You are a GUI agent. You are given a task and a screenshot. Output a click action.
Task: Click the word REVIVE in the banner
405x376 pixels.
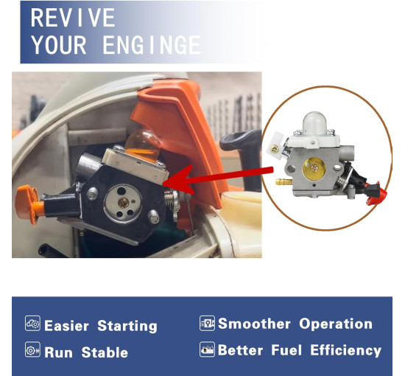tap(73, 18)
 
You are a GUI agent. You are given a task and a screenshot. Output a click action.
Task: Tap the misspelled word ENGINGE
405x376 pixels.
tap(152, 45)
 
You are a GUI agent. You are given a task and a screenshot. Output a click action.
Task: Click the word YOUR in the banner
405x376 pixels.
tap(59, 45)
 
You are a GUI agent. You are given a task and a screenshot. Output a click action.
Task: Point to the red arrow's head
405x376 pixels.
tap(179, 180)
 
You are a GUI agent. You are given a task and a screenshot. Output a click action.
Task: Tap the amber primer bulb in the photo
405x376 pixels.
tap(143, 145)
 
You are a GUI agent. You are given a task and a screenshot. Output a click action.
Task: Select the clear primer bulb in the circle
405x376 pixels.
tap(314, 124)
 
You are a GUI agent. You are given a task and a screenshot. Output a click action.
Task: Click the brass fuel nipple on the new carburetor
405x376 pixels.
tap(283, 181)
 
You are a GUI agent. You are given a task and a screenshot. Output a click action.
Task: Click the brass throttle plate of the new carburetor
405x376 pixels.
tap(314, 169)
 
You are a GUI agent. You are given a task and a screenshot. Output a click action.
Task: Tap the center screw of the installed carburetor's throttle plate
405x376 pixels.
tap(123, 203)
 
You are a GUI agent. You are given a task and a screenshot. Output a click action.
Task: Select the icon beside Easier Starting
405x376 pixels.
tap(32, 323)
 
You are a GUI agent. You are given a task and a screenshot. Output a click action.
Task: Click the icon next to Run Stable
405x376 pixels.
tap(32, 349)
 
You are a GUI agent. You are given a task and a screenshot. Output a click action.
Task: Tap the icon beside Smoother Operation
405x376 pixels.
tap(207, 323)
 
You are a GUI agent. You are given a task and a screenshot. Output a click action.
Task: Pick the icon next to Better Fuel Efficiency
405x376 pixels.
tap(207, 349)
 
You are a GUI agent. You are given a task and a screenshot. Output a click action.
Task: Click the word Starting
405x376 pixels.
tap(127, 327)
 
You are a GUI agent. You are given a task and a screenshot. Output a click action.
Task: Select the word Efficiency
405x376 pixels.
tap(346, 351)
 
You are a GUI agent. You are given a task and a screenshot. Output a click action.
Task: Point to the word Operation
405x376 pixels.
tap(336, 324)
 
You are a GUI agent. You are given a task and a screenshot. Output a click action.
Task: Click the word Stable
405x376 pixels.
tap(105, 352)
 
